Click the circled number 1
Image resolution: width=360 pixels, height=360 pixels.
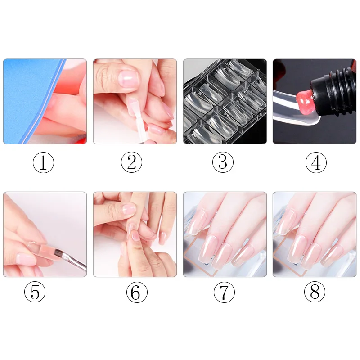click(x=43, y=162)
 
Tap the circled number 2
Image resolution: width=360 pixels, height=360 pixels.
click(x=131, y=162)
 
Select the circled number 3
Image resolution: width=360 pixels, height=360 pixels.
click(x=223, y=162)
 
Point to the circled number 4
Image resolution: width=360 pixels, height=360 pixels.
click(x=316, y=162)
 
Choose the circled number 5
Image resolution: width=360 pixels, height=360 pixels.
click(x=35, y=292)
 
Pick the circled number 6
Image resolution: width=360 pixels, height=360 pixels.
click(x=137, y=292)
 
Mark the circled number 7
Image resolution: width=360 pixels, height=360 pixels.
click(x=224, y=292)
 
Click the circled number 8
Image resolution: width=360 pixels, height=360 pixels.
click(x=315, y=292)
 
